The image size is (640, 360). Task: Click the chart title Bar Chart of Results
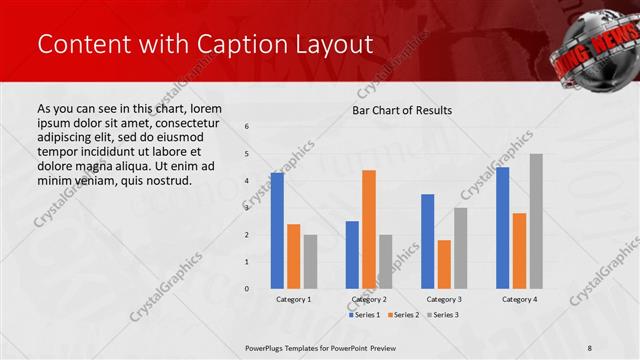point(402,110)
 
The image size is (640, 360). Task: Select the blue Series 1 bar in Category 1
point(277,231)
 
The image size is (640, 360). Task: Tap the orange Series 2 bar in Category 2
point(369,229)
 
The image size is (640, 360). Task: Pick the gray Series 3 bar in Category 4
point(536,221)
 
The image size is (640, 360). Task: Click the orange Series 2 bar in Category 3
point(444,264)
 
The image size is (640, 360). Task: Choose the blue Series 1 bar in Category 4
point(502,228)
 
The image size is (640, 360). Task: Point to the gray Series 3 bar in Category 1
point(310,262)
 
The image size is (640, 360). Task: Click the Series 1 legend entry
point(364,315)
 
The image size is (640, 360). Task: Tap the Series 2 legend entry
point(402,315)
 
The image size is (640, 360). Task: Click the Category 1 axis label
point(293,299)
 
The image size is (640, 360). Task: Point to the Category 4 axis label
point(519,299)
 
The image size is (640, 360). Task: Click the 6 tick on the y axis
point(247,126)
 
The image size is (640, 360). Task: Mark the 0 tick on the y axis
point(247,289)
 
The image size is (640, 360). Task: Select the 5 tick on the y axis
point(247,153)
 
